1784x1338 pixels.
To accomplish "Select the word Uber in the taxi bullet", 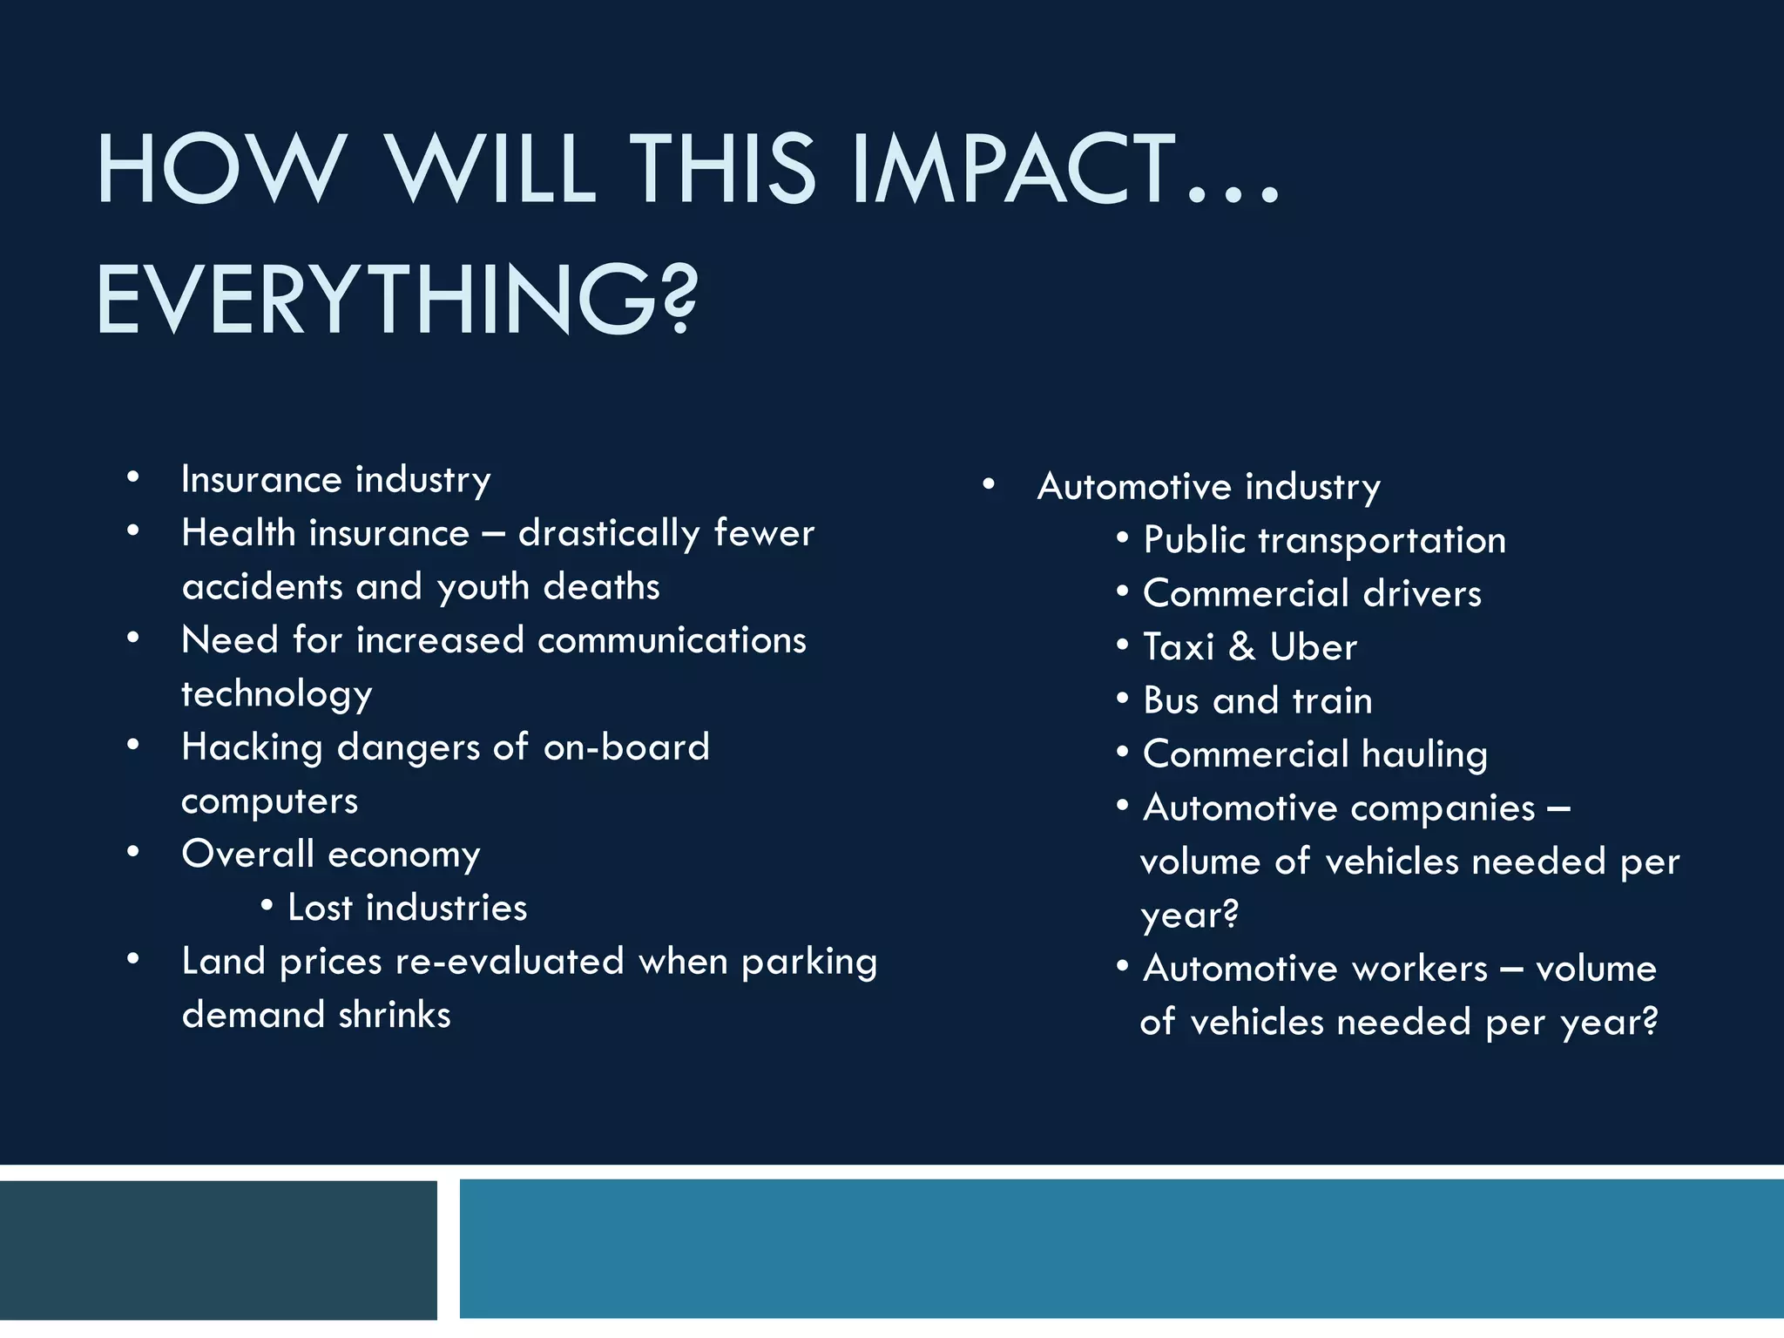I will coord(1313,647).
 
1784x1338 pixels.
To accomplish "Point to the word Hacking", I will coord(252,748).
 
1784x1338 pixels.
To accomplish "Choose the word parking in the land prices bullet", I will coord(809,963).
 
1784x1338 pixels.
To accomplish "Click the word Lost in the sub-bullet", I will coord(320,908).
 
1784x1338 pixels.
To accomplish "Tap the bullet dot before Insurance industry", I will coord(132,476).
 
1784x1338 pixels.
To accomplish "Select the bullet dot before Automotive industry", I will coord(988,483).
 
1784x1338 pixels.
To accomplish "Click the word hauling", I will coord(1424,754).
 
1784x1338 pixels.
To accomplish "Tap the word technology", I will coord(277,695).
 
